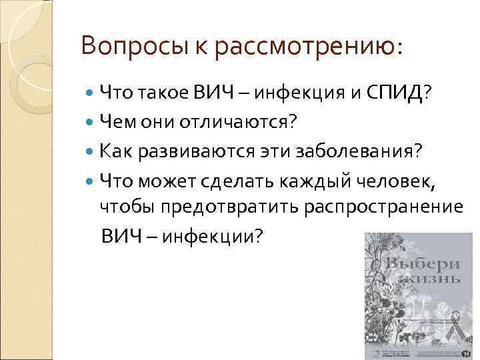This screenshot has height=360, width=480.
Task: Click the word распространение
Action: [x=383, y=207]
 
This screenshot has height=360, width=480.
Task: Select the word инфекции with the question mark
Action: [x=219, y=237]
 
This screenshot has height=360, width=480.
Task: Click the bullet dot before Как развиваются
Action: [x=91, y=151]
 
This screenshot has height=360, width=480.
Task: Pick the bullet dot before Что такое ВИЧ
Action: [x=91, y=92]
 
